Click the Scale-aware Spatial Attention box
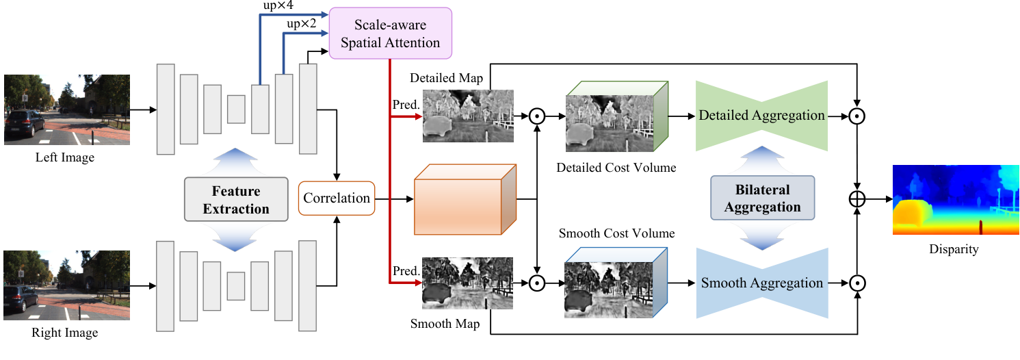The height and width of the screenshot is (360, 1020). (391, 33)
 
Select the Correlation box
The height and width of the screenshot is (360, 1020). (337, 198)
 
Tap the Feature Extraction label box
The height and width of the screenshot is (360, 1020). (236, 200)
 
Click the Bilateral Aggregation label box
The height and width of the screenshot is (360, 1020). (762, 198)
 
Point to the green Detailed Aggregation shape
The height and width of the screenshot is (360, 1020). (761, 116)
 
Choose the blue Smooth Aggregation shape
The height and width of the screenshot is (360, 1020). (761, 283)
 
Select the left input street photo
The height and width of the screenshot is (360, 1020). (67, 110)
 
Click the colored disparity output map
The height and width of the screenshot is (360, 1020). (956, 200)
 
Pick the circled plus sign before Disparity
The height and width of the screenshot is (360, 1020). (856, 199)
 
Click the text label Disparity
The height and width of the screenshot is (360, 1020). (954, 249)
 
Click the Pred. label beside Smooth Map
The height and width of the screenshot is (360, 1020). (406, 271)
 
